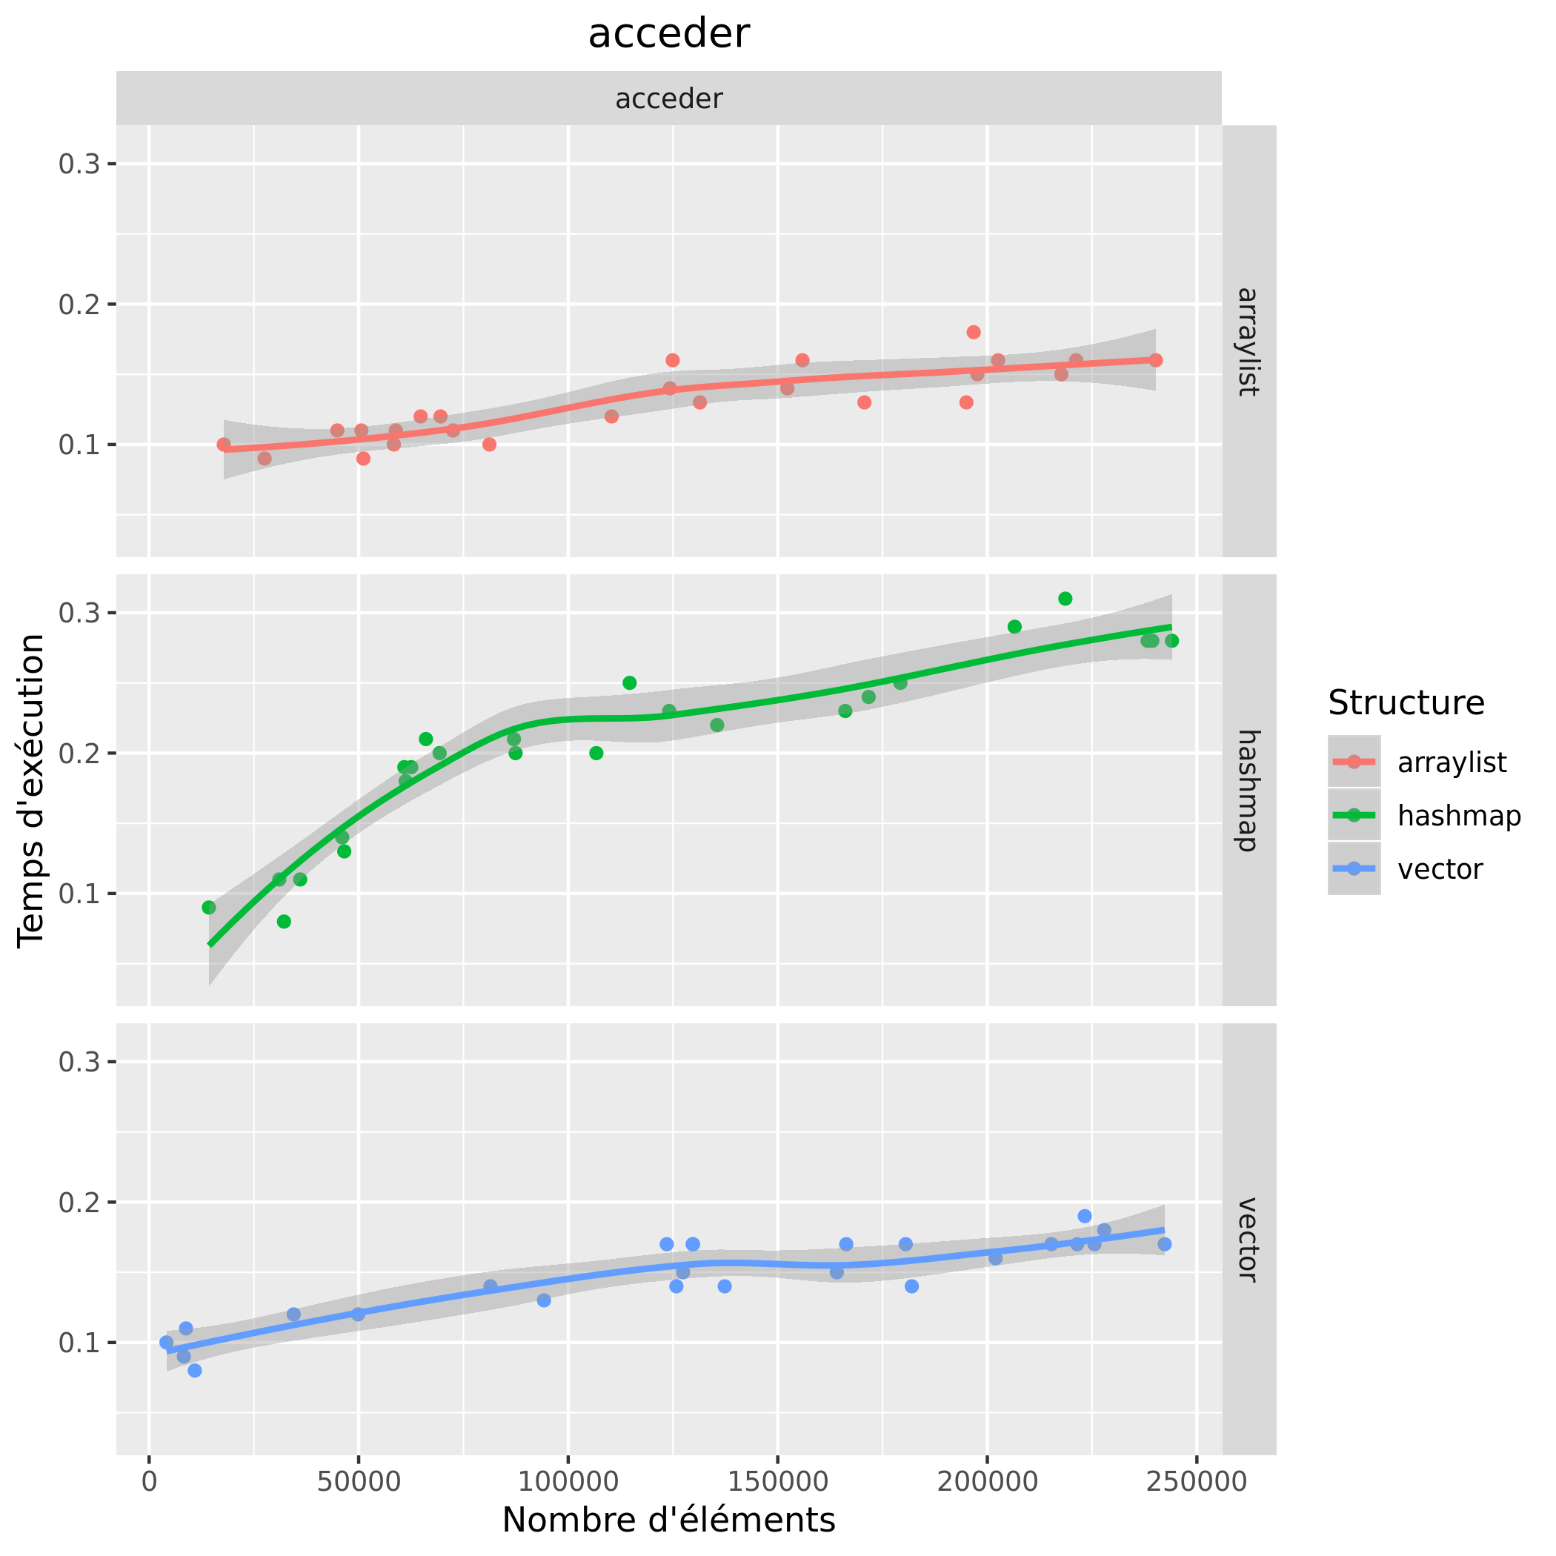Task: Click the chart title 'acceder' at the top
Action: click(668, 35)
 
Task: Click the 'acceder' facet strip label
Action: click(668, 99)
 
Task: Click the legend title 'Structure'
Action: click(1406, 703)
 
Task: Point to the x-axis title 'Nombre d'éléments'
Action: click(668, 1520)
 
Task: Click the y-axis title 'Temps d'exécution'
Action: click(32, 790)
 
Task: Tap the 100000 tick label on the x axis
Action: click(568, 1481)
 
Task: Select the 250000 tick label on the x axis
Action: click(1197, 1481)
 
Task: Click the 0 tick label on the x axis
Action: click(149, 1481)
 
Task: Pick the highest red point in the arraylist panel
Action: click(973, 333)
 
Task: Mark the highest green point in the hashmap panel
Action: click(1065, 599)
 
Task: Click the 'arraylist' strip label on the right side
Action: click(1248, 342)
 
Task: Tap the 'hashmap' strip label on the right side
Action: click(1248, 790)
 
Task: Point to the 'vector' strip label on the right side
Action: click(1248, 1240)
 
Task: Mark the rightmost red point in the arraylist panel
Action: click(1155, 360)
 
